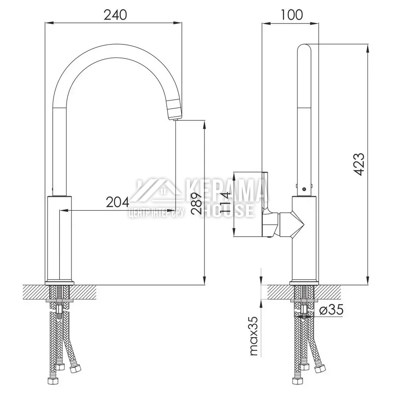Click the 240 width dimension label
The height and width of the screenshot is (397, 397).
(115, 15)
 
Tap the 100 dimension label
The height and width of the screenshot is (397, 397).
(291, 15)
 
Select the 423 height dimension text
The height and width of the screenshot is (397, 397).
(359, 164)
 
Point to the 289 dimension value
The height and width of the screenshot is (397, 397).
(196, 202)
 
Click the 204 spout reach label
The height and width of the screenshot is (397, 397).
(118, 202)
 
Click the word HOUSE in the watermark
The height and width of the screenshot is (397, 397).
(227, 210)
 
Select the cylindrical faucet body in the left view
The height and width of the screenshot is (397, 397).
(60, 238)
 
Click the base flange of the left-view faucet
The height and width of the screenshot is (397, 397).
(60, 282)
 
